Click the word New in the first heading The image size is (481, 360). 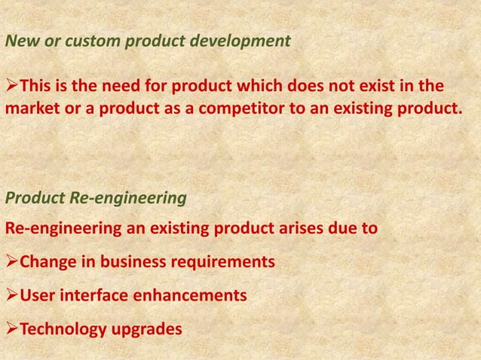(19, 41)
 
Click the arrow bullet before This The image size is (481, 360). (11, 82)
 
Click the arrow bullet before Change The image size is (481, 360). (11, 262)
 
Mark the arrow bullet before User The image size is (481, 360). (11, 296)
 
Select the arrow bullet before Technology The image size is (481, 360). (11, 330)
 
